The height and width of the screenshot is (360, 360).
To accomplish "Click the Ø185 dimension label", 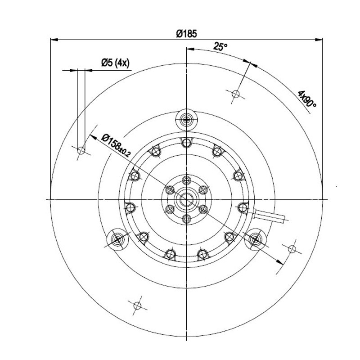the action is pyautogui.click(x=186, y=33).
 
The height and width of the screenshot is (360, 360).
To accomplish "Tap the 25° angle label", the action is pyautogui.click(x=220, y=46).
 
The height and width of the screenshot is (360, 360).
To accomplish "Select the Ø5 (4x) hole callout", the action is pyautogui.click(x=116, y=63).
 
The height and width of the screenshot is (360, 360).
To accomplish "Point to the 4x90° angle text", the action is pyautogui.click(x=307, y=99).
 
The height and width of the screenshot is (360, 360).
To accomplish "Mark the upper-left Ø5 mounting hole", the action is pyautogui.click(x=81, y=151).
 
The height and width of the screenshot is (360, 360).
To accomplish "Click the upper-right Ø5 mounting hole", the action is pyautogui.click(x=236, y=94).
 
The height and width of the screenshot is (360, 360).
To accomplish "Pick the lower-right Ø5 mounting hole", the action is pyautogui.click(x=292, y=249).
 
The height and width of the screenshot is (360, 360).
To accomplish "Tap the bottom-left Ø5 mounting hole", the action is pyautogui.click(x=137, y=306).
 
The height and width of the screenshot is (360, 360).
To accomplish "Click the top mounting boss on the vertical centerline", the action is pyautogui.click(x=187, y=119).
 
